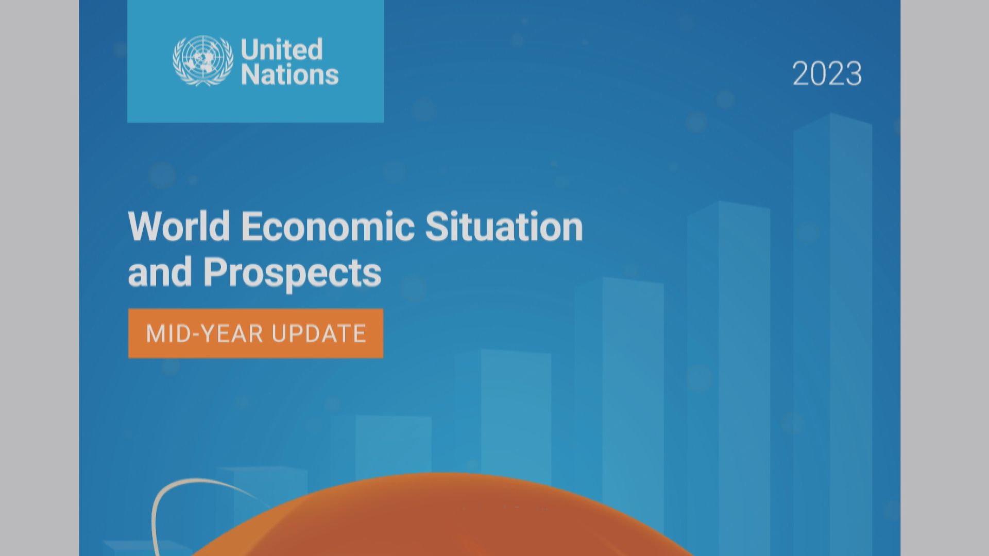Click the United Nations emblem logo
point(202,60)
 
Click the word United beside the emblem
point(282,49)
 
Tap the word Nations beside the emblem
point(289,75)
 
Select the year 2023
point(827,74)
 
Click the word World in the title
point(179,226)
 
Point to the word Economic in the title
point(328,226)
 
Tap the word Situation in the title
point(504,226)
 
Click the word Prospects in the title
point(292,273)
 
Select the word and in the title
point(160,272)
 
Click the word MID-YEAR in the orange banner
point(204,334)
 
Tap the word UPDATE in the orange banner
point(319,334)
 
